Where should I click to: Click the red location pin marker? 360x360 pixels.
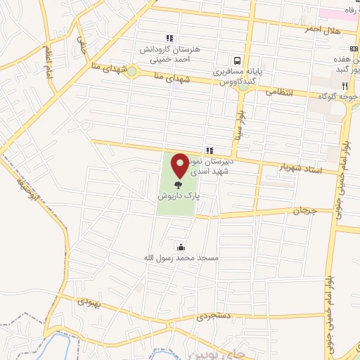180,165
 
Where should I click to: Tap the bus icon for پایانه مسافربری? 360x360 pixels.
238,61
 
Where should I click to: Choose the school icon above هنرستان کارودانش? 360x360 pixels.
169,38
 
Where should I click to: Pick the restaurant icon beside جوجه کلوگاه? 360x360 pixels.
345,85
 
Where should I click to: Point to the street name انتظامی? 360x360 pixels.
279,91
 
